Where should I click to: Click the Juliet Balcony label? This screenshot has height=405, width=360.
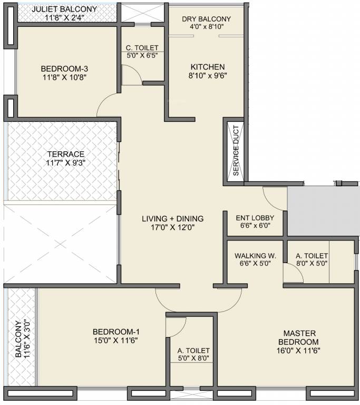point(64,9)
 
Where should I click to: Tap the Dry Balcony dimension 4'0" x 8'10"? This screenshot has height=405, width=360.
point(207,26)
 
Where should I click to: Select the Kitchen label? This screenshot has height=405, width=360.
point(208,67)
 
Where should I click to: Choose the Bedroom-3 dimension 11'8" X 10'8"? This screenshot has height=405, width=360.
point(64,77)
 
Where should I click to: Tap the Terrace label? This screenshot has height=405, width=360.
point(66,154)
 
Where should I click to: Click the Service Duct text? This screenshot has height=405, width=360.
point(236,151)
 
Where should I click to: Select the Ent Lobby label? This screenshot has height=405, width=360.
point(255,218)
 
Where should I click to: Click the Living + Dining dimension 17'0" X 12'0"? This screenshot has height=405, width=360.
point(173,228)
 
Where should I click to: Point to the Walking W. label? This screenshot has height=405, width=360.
point(256,256)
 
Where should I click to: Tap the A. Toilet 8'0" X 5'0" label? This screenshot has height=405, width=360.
point(312,259)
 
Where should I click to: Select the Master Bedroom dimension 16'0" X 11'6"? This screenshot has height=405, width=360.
point(298,351)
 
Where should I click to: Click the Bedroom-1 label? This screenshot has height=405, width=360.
point(116,331)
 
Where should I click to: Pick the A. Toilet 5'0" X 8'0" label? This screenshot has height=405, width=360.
point(193,354)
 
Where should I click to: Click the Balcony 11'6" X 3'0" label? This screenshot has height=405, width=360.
point(23,339)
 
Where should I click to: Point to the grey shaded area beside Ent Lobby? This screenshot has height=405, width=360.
point(324,211)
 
